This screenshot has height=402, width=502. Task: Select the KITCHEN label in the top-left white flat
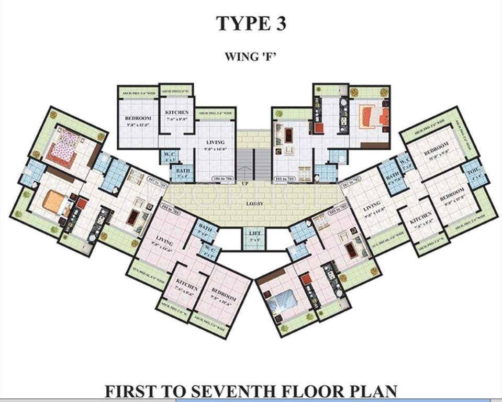point(176,113)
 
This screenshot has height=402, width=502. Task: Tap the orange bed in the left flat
point(54,201)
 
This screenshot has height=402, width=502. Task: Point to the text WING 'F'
point(250,56)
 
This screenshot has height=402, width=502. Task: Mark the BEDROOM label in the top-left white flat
point(138,119)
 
